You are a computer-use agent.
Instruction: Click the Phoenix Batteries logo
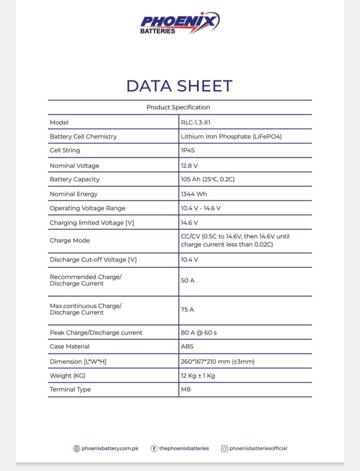click(179, 23)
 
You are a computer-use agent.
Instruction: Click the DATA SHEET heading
click(179, 86)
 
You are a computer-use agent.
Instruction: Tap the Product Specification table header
click(178, 107)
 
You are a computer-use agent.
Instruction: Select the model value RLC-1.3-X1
click(192, 122)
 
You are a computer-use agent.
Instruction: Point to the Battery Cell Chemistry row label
click(83, 136)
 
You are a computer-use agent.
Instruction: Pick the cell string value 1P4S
click(187, 150)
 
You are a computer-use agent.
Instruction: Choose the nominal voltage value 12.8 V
click(189, 165)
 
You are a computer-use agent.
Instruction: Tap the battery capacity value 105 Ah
click(207, 179)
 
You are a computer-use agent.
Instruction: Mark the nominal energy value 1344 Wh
click(193, 194)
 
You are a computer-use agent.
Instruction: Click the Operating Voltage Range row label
click(87, 208)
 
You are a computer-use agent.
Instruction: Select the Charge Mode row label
click(69, 240)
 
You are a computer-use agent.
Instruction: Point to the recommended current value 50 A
click(187, 280)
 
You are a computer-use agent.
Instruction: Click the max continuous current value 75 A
click(187, 309)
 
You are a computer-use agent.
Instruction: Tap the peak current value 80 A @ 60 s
click(198, 332)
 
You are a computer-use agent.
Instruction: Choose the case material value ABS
click(187, 346)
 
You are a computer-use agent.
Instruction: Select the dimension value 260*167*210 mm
click(217, 361)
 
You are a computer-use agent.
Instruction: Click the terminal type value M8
click(185, 389)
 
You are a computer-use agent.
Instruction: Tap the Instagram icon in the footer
click(224, 448)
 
